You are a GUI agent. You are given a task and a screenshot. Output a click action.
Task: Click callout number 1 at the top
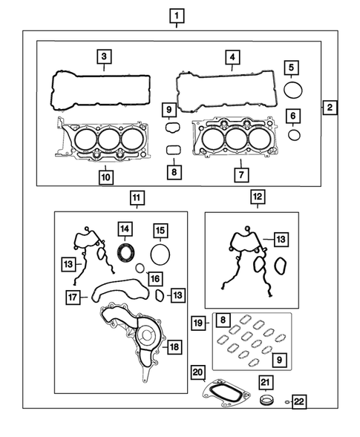tap(177, 15)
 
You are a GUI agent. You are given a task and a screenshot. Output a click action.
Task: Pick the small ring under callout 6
tap(294, 134)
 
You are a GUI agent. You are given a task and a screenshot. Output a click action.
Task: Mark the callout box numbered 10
tap(105, 177)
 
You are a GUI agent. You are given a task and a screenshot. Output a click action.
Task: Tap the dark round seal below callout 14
tap(126, 249)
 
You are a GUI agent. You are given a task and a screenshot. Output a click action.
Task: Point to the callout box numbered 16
tap(153, 278)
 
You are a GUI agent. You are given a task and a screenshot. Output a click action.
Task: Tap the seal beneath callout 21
tap(266, 403)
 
